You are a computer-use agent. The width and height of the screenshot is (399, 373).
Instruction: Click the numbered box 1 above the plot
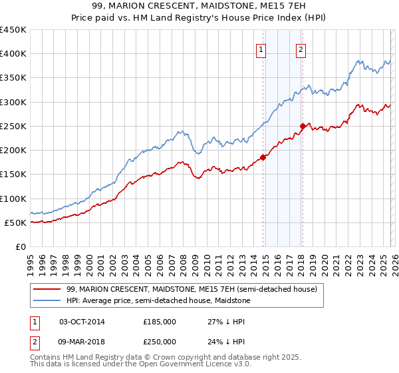point(261,49)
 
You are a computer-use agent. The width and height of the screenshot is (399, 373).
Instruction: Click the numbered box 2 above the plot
point(301,49)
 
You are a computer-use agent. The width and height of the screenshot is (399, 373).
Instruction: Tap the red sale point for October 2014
point(263,157)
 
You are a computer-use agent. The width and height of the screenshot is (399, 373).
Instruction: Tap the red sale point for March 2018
point(303,126)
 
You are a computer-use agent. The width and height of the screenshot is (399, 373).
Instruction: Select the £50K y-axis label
point(16,222)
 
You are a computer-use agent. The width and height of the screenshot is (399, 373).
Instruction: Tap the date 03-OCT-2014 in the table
point(82,321)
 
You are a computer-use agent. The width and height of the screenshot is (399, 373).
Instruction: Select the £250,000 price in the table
point(160,341)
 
